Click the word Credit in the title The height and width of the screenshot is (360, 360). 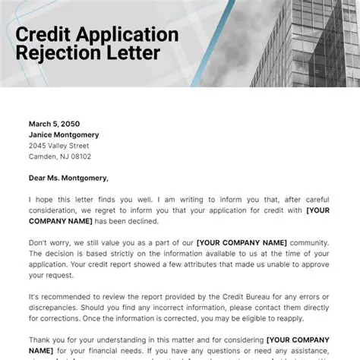(x=45, y=35)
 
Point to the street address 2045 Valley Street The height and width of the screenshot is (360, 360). (x=60, y=146)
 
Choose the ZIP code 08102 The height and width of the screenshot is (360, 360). (x=79, y=156)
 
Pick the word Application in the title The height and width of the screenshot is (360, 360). (x=125, y=35)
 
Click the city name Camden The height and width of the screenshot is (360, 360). (x=43, y=156)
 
